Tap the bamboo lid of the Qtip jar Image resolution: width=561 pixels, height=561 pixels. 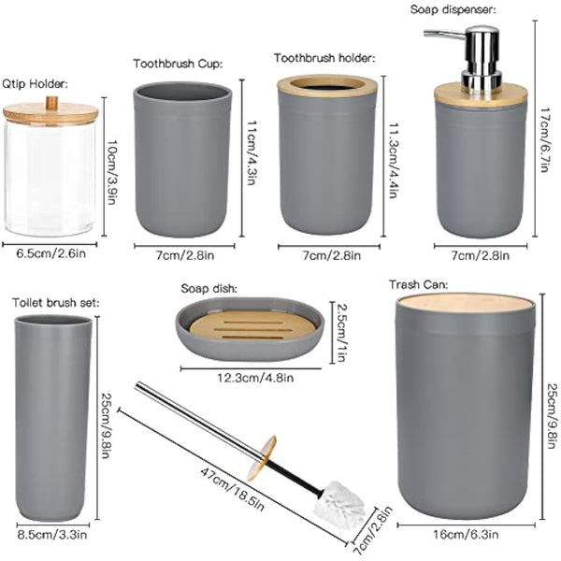point(50,112)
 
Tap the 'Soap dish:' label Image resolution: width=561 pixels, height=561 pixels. point(211,290)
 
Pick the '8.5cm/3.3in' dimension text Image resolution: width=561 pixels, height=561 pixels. point(54,536)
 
